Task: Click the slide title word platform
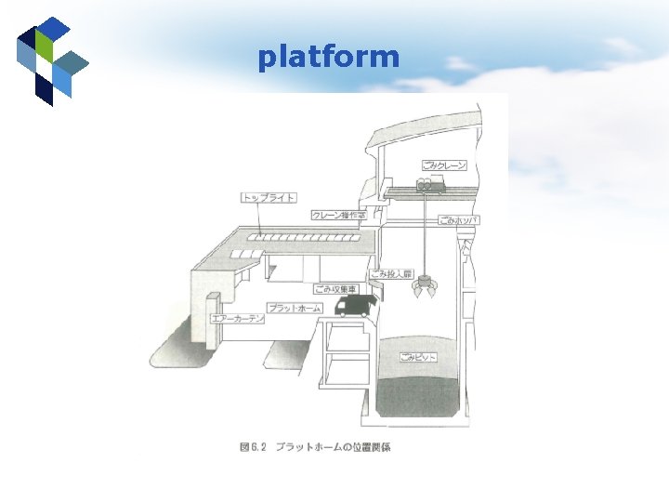coord(329,58)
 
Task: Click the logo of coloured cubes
coord(51,60)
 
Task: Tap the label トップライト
coord(269,197)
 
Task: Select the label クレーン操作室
coord(339,215)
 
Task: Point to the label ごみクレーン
coord(444,165)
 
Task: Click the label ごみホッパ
coord(459,220)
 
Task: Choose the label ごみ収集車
coord(335,289)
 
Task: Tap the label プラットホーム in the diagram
coord(293,307)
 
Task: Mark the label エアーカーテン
coord(238,319)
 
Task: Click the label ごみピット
coord(417,357)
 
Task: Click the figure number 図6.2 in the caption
coord(253,447)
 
